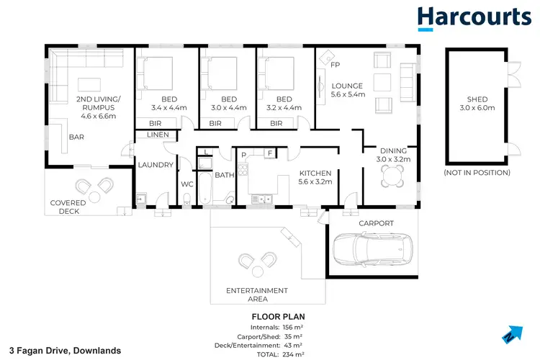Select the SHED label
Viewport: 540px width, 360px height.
[x=477, y=99]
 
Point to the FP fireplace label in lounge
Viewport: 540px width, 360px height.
[x=335, y=65]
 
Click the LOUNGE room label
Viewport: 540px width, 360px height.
[x=347, y=86]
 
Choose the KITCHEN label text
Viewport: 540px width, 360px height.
[x=315, y=174]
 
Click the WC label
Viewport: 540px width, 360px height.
[x=187, y=184]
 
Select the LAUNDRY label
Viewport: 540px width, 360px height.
[x=156, y=165]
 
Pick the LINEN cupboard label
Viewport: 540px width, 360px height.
[x=157, y=135]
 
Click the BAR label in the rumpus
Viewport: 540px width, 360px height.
[x=76, y=136]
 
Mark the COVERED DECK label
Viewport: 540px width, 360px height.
[x=68, y=207]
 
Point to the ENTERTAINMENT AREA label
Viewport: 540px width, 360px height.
[x=257, y=295]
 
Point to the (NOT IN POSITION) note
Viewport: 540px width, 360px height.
[x=477, y=173]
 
